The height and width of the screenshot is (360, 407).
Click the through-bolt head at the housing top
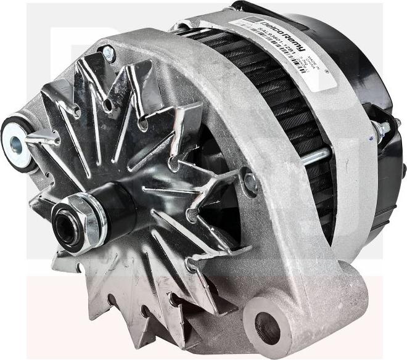pyautogui.click(x=109, y=54)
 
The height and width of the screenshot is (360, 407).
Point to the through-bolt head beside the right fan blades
pyautogui.click(x=250, y=181)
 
